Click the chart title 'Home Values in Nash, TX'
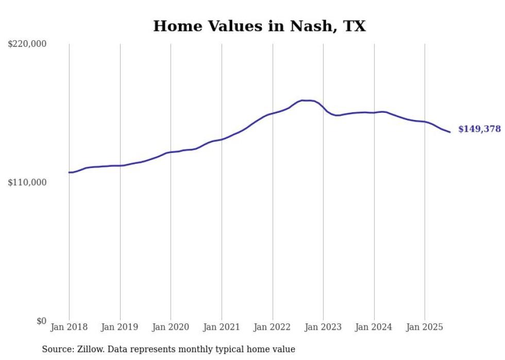coord(259,26)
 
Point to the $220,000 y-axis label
coord(27,44)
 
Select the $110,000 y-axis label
coord(27,182)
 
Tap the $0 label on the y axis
coord(41,321)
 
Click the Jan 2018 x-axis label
coord(69,327)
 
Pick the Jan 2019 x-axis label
coord(120,327)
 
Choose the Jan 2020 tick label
coord(171,327)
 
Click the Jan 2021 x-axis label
coord(222,327)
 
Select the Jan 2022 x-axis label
coord(273,327)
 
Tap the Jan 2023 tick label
coord(323,327)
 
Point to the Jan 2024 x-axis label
coord(374,327)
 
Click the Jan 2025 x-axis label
coord(425,327)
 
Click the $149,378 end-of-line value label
coord(479,129)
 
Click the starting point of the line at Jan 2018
coord(69,173)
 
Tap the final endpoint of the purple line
coord(450,132)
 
